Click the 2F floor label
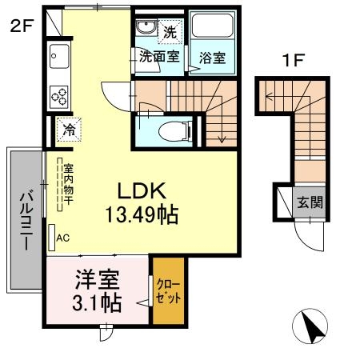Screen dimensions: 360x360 coord(22,26)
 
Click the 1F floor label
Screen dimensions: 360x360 coord(293,60)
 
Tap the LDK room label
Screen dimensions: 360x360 coord(142,190)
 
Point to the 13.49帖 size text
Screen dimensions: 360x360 coord(142,214)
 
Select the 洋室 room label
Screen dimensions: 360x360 coord(98,279)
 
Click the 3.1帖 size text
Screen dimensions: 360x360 coord(97,302)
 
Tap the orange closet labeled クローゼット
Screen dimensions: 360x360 coord(169,290)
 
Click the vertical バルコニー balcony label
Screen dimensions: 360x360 coord(26,221)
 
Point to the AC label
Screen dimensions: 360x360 coord(63,238)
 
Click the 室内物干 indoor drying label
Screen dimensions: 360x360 coord(69,184)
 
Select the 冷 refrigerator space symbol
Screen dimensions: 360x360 coord(69,130)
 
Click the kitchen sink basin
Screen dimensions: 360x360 coord(59,56)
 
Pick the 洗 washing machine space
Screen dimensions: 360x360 coord(170,31)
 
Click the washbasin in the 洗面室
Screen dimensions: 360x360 coord(146,27)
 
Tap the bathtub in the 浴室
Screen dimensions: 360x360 coord(212,26)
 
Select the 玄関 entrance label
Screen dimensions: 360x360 coord(310,202)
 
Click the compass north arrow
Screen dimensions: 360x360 coord(311,327)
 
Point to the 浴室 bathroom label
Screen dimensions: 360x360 coord(212,58)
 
